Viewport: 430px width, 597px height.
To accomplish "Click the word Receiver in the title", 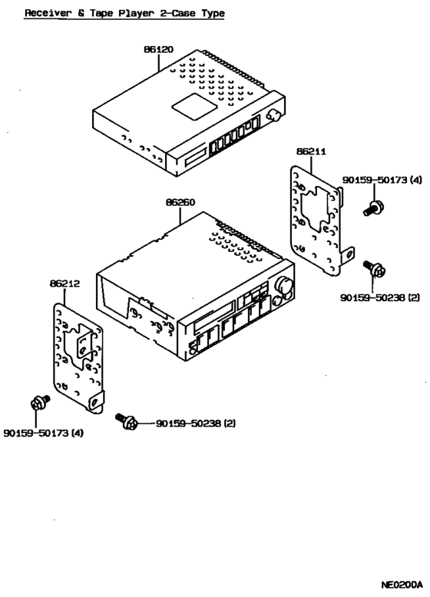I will point(47,13).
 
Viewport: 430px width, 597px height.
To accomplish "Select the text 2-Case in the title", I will point(180,13).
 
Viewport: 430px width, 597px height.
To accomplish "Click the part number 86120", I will point(157,49).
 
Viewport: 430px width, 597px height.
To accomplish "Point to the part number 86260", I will point(180,203).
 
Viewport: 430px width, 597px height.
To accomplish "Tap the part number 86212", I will point(65,284).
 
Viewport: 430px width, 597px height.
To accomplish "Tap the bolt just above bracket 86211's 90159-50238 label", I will point(377,269).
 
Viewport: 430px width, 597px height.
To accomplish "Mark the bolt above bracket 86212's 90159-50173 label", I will point(38,403).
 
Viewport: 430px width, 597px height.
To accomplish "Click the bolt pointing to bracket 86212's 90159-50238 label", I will point(127,420).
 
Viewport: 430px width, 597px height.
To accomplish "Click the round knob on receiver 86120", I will point(273,117).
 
